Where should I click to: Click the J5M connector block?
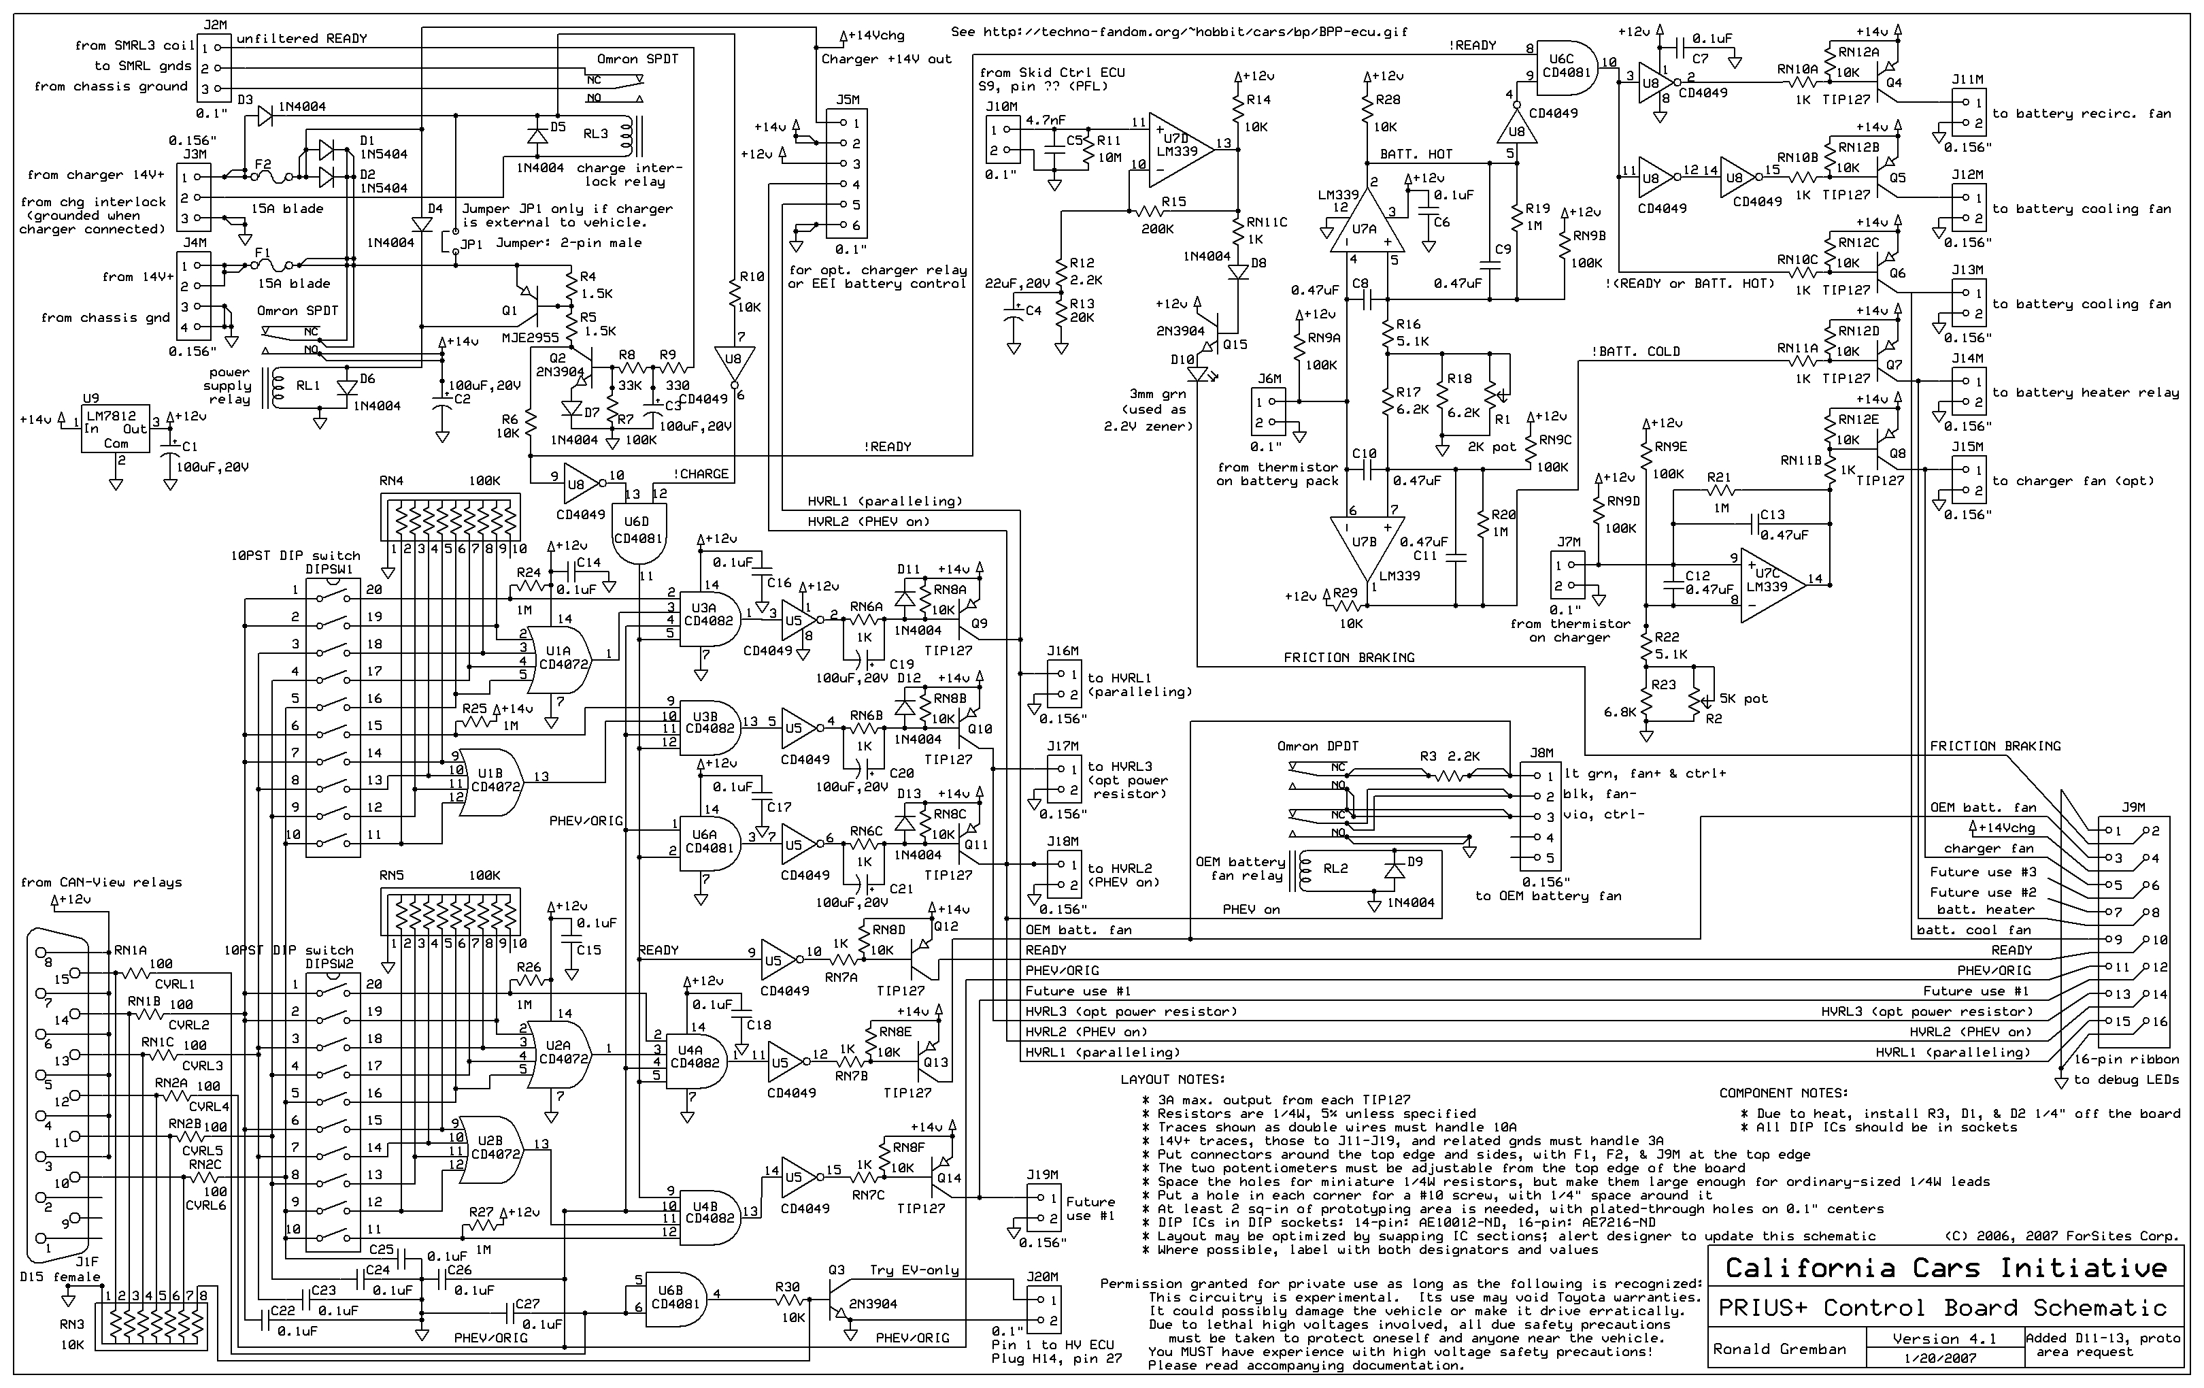pos(847,174)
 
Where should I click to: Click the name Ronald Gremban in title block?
pos(1780,1349)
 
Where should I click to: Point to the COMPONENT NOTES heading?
pos(1783,1092)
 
